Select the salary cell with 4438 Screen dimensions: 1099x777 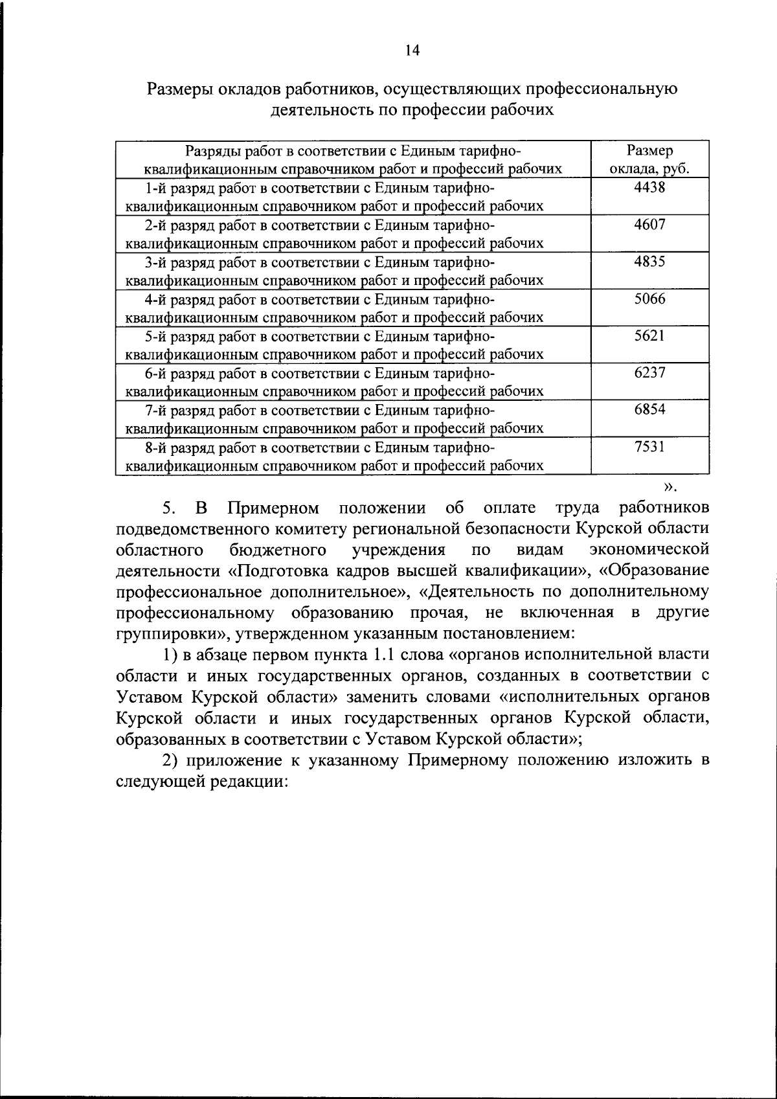point(649,188)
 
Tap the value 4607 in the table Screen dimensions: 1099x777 point(649,225)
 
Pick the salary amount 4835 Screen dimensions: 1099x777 point(649,262)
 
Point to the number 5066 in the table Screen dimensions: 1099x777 point(649,299)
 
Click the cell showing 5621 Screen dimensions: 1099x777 point(649,335)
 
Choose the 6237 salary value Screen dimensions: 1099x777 point(649,372)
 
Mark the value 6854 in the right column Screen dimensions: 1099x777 point(649,409)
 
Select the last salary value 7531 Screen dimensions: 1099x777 point(649,446)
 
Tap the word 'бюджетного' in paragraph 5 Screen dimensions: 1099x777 point(278,550)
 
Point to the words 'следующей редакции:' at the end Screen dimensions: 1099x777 point(202,781)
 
